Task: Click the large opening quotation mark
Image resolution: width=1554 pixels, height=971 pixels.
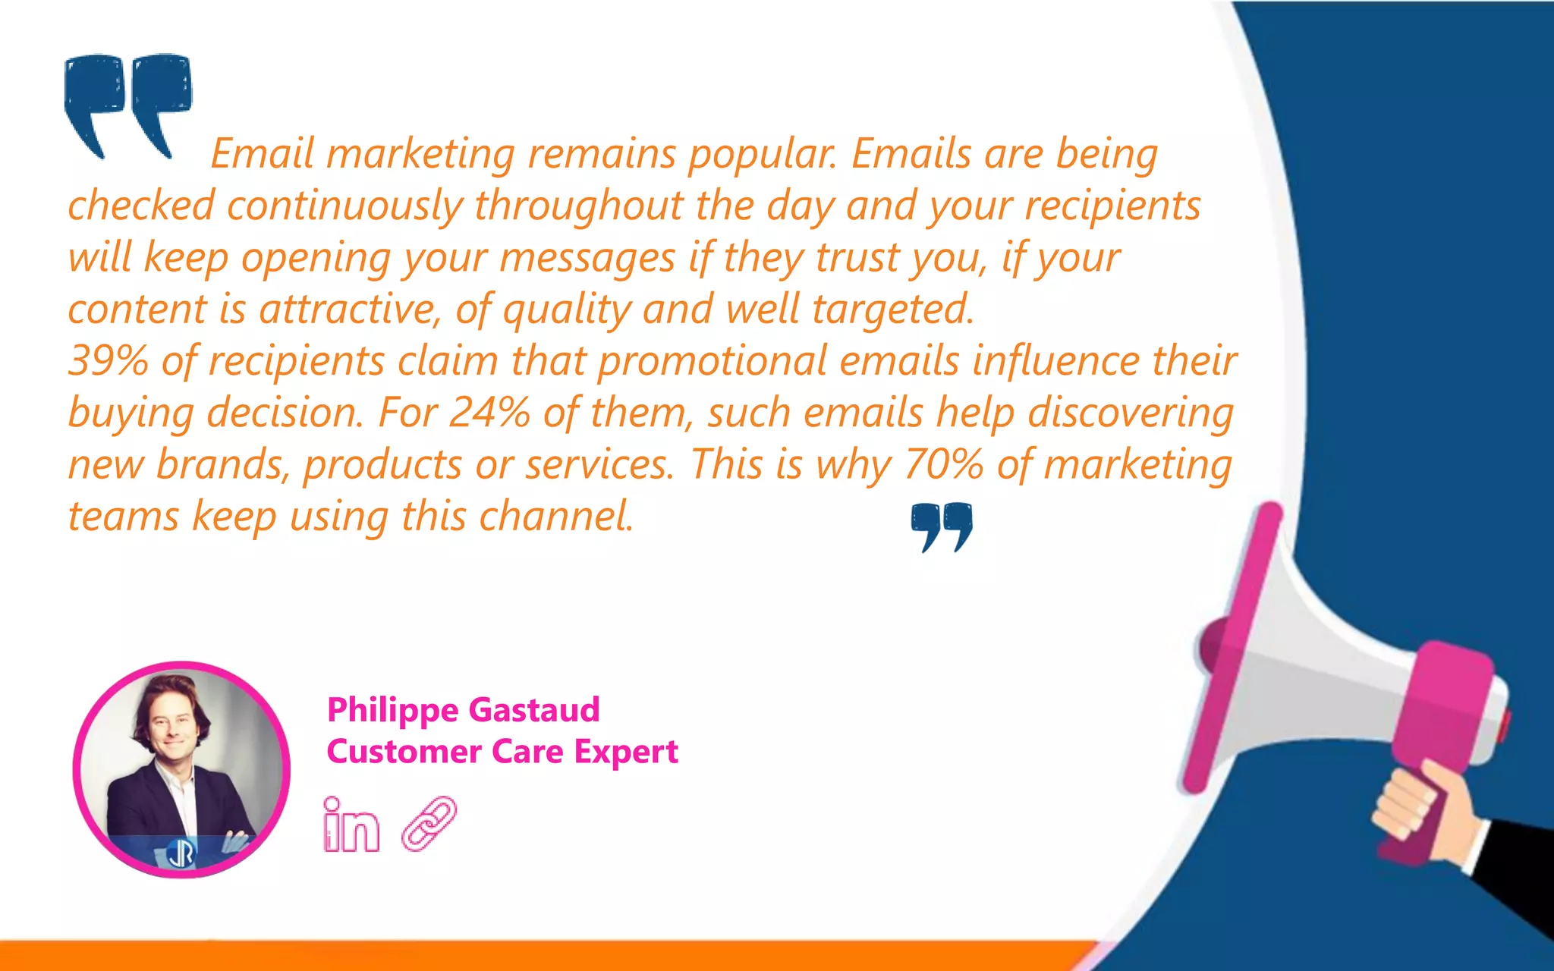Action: point(127,102)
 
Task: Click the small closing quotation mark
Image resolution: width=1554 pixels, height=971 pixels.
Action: point(942,526)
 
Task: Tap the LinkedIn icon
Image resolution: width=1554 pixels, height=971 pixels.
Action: point(351,825)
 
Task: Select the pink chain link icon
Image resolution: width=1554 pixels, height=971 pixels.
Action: point(429,823)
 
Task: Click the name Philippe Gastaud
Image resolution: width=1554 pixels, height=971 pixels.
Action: point(463,710)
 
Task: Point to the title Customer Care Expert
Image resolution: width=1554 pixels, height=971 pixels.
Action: point(502,752)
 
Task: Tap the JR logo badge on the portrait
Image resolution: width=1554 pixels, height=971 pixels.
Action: point(181,854)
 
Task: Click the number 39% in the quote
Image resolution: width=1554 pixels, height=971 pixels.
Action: point(108,360)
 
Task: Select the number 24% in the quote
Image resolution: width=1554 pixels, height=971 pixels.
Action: point(489,413)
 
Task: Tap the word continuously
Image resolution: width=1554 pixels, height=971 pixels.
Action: point(344,206)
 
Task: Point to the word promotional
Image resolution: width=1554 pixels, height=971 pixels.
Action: point(712,361)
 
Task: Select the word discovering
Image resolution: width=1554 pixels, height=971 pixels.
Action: point(1131,413)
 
